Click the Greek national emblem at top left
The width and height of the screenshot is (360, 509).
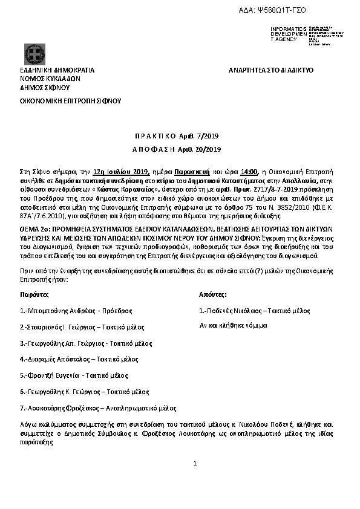33,53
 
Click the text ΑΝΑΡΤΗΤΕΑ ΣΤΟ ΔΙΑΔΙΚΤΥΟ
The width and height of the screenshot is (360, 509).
271,70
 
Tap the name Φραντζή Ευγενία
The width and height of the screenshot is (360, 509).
56,375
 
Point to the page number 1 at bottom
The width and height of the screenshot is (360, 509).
195,463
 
